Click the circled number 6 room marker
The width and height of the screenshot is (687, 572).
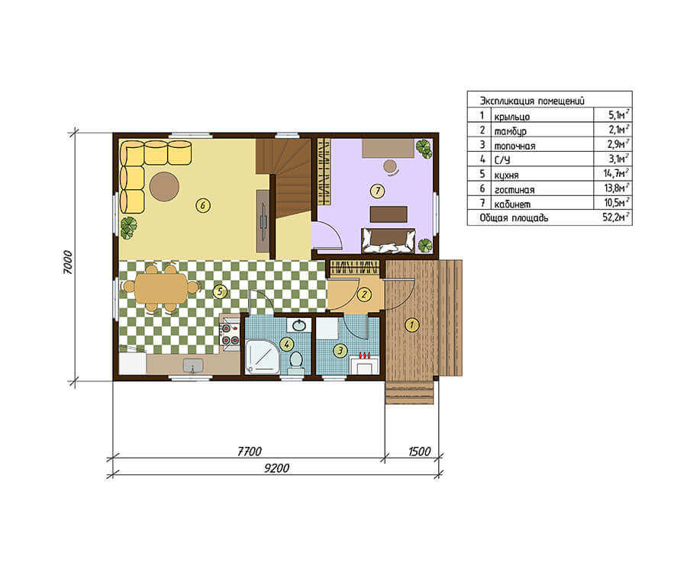coord(203,205)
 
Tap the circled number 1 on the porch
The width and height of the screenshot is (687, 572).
coord(411,325)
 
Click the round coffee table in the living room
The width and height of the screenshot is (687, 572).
coord(164,186)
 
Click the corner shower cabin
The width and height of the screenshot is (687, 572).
coord(262,357)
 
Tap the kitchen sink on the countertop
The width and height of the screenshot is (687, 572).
coord(193,365)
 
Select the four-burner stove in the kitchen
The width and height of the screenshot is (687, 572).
coord(229,334)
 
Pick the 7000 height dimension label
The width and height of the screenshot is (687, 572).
coord(67,262)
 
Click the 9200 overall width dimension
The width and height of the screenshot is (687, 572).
coord(276,468)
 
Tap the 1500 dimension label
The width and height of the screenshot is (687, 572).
coord(419,451)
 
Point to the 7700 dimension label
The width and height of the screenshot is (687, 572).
coord(249,451)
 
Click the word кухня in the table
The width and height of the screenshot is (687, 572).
coord(507,175)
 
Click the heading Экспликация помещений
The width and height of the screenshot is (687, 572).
coord(532,101)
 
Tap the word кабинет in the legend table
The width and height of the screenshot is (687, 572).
coord(512,204)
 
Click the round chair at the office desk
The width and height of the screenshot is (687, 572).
coord(390,166)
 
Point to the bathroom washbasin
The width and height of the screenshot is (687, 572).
coord(299,325)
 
